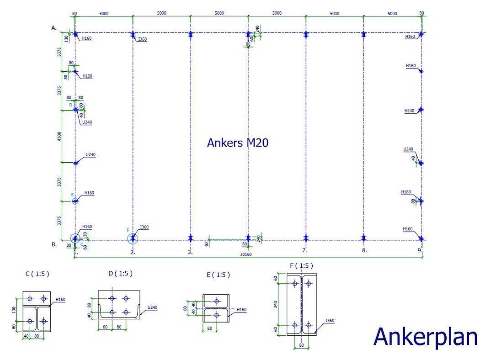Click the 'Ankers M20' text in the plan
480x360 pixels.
[238, 143]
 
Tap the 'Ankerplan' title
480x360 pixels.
[425, 337]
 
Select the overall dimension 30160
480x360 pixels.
[246, 254]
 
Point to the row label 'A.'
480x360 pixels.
[54, 28]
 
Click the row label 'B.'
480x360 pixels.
[54, 244]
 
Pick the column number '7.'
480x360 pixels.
[304, 250]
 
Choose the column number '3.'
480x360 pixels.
[190, 252]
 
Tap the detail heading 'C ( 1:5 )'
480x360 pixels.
[37, 274]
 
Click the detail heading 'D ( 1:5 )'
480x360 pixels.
[121, 274]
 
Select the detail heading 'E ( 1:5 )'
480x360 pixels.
[218, 275]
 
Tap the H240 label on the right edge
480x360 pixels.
[409, 111]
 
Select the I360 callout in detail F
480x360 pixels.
[330, 321]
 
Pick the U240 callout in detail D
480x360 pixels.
[152, 307]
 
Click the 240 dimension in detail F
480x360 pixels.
[276, 304]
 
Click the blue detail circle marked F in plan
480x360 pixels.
[133, 238]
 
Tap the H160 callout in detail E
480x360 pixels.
[241, 310]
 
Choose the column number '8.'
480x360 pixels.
[364, 250]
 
